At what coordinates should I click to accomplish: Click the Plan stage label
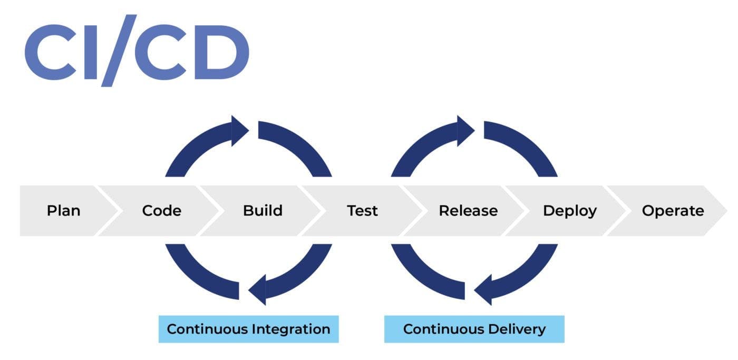tap(63, 211)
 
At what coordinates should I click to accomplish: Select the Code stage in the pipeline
tap(161, 211)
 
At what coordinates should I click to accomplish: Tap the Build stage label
tap(263, 211)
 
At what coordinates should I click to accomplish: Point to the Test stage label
tap(362, 211)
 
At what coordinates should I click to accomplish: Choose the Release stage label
tap(468, 211)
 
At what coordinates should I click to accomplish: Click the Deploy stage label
tap(569, 211)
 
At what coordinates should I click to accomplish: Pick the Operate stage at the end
tap(673, 211)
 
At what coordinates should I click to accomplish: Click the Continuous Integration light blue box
tap(248, 329)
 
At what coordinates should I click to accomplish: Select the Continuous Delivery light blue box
tap(474, 329)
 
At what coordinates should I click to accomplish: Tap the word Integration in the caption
tap(291, 329)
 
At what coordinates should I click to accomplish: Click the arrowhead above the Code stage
tap(240, 130)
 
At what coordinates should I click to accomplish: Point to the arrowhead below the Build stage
tap(257, 289)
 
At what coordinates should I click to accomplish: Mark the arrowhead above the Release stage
tap(465, 130)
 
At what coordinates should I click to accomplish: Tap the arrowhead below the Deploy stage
tap(483, 289)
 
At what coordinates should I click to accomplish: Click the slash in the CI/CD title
tap(119, 50)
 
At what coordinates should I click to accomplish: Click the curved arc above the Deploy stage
tap(527, 145)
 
